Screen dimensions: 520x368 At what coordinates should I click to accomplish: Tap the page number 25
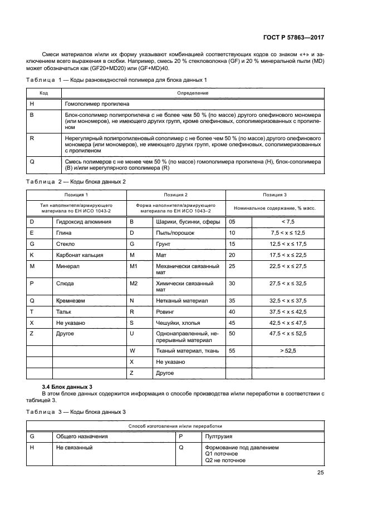(x=320, y=473)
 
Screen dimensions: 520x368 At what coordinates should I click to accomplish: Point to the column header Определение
(x=192, y=93)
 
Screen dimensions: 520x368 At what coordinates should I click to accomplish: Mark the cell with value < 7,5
(x=287, y=221)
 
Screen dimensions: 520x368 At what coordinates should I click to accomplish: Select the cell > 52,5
(x=287, y=350)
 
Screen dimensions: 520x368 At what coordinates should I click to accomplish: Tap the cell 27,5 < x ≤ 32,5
(x=287, y=284)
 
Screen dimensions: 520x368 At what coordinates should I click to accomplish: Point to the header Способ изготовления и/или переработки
(x=179, y=425)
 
